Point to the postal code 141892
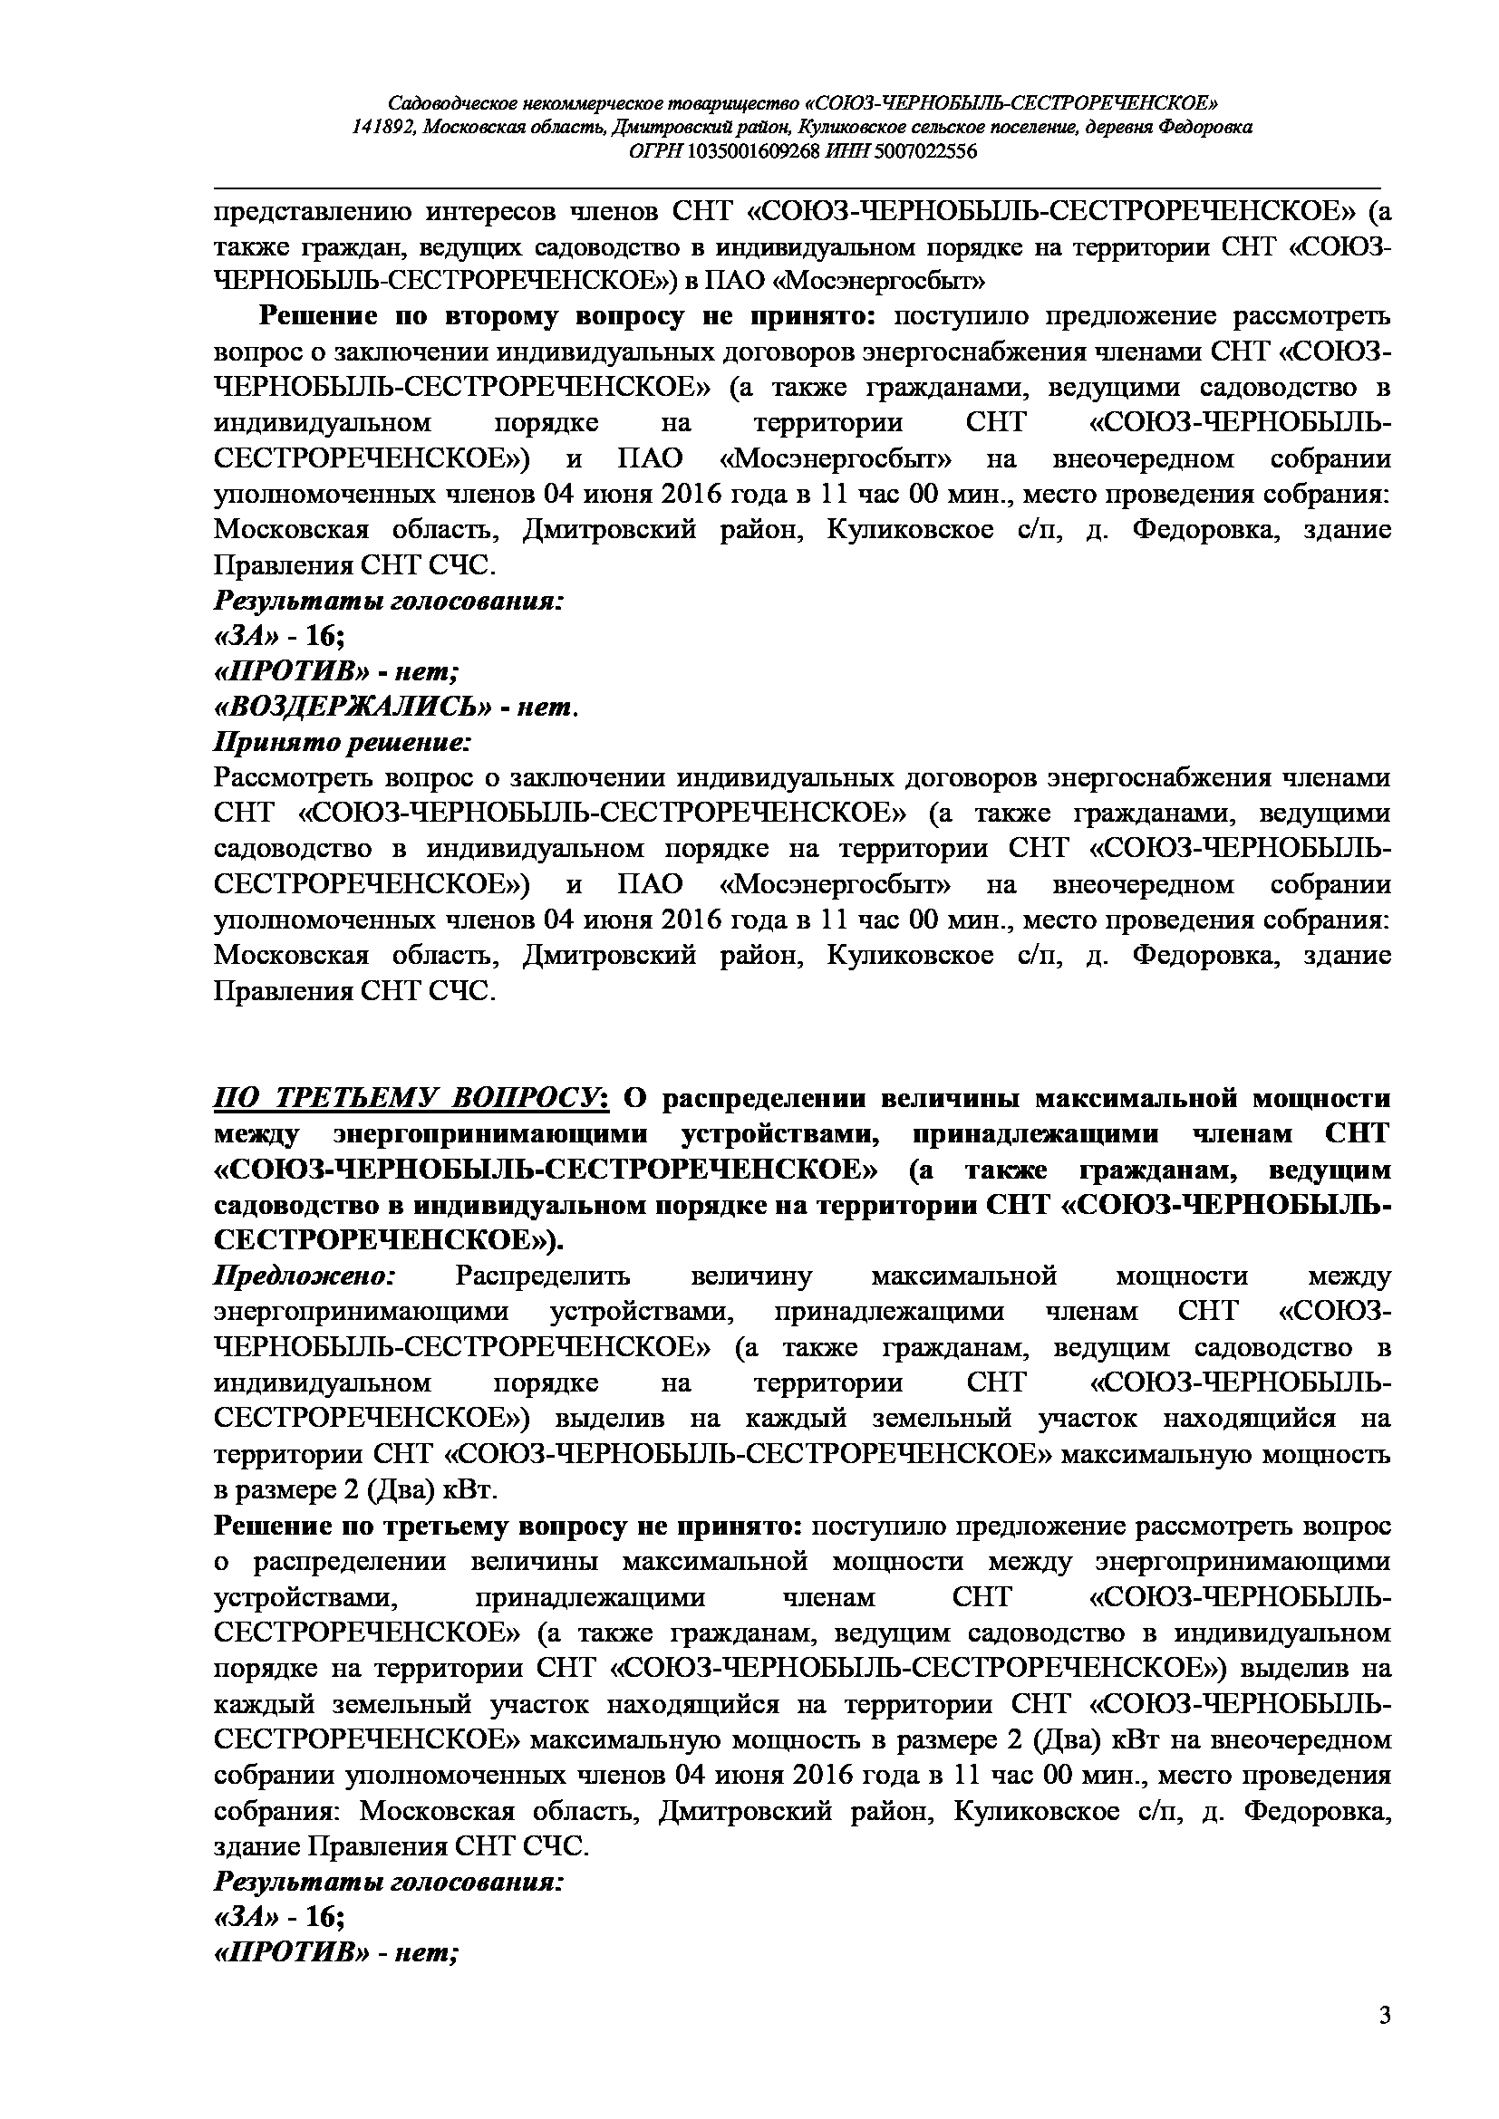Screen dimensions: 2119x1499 coord(383,128)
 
